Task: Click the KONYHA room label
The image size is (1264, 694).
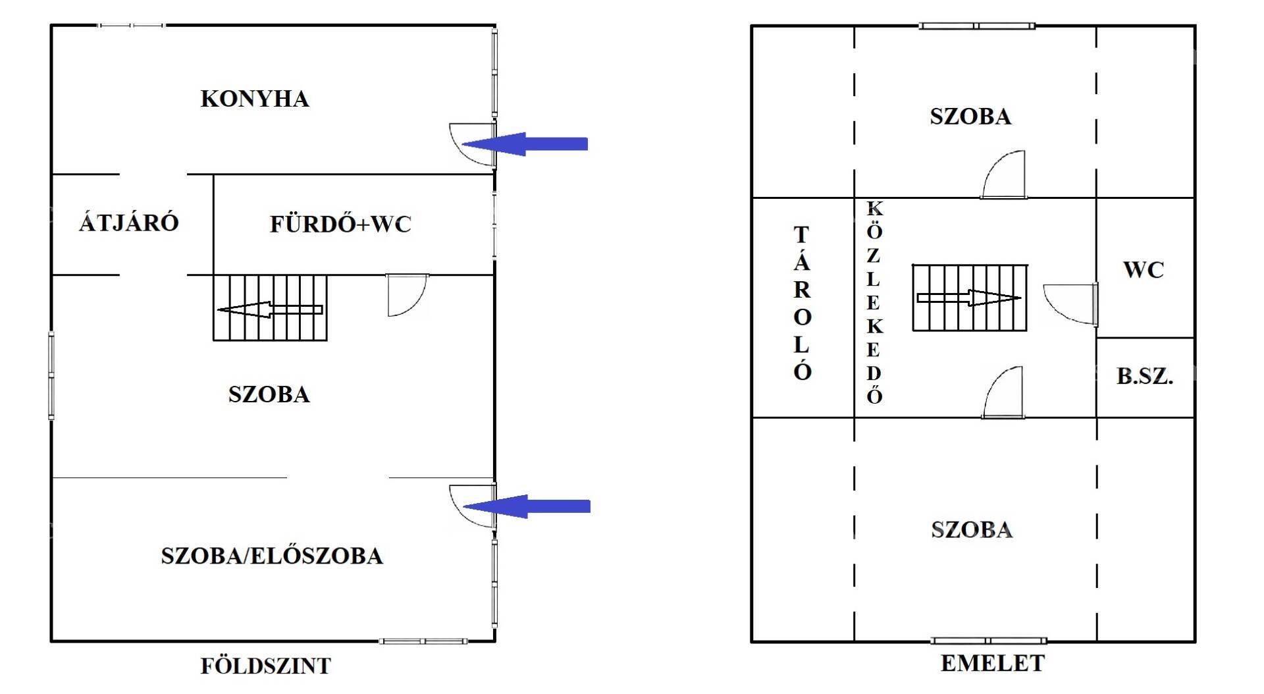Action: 255,99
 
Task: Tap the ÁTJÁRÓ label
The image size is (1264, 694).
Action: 129,223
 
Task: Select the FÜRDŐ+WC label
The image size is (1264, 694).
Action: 340,224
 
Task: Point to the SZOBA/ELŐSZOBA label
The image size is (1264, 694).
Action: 272,556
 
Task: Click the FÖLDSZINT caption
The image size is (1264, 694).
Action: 266,666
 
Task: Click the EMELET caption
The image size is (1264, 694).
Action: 993,663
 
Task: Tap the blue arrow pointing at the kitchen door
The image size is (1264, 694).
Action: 525,144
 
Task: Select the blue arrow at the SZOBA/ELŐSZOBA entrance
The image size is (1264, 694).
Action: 527,506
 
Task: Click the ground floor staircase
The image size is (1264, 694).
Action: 270,307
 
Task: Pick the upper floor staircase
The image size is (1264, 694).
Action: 969,298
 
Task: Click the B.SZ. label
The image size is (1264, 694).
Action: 1145,376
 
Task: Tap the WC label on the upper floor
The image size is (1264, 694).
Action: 1144,269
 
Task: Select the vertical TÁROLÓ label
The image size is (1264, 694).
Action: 802,303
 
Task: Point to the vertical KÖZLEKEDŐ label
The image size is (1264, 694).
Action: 874,302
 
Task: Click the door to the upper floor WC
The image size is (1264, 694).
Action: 1071,304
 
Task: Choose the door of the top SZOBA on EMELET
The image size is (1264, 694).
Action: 1003,174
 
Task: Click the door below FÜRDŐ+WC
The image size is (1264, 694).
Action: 408,295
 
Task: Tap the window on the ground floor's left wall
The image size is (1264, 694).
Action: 51,375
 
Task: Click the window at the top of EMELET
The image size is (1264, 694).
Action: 977,26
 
